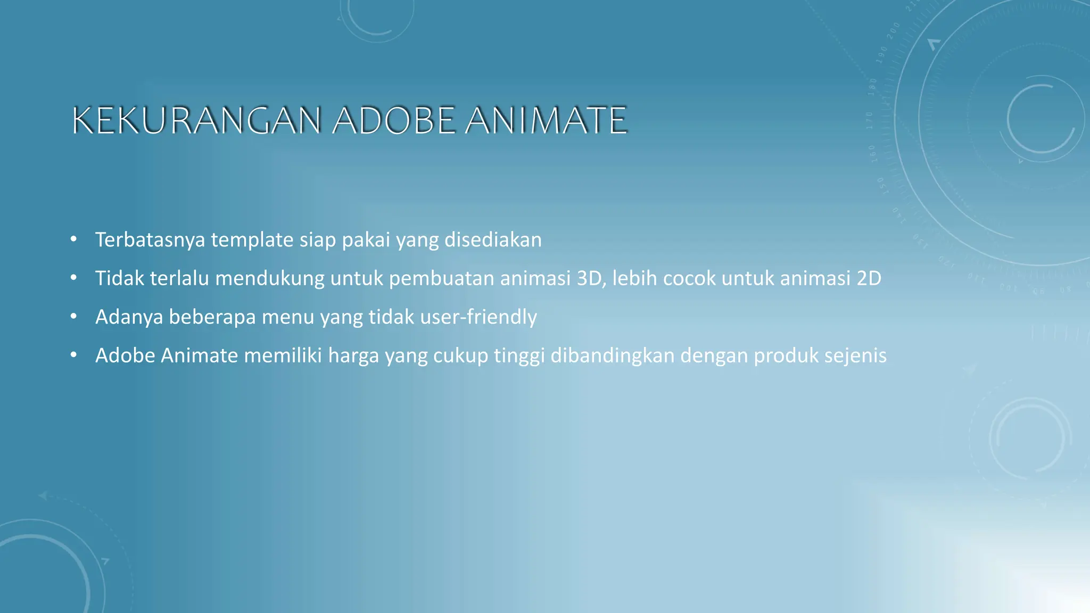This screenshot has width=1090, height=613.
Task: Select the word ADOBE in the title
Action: pos(394,120)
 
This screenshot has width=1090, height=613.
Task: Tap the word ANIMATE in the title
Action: pos(546,120)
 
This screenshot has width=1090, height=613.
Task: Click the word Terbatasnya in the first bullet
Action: pos(150,240)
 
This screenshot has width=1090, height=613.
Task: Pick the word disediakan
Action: pos(493,240)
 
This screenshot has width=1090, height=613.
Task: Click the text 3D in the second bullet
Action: pos(591,278)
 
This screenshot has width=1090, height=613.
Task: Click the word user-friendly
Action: pos(478,317)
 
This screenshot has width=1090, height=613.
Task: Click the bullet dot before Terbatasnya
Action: pos(73,239)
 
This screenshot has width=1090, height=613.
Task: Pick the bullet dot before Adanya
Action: pos(73,316)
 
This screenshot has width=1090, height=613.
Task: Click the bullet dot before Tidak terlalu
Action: pos(73,277)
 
